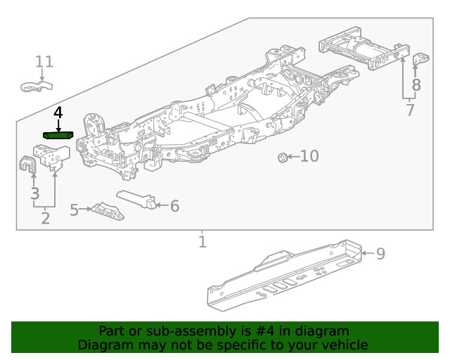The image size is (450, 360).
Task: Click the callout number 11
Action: [x=44, y=62]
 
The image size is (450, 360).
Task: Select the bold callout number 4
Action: [x=58, y=112]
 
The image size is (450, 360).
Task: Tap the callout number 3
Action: [x=34, y=193]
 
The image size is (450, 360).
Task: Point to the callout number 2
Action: [x=45, y=218]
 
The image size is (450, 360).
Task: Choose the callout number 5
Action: [x=75, y=210]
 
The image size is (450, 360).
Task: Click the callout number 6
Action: [x=174, y=206]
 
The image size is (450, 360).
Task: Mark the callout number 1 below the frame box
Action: [x=202, y=243]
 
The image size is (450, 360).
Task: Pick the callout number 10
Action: [x=309, y=156]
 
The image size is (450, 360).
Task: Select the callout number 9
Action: [x=380, y=253]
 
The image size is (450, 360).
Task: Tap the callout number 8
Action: [x=416, y=86]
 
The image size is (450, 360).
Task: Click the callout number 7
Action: [x=410, y=110]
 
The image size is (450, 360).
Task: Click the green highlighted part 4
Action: [x=58, y=134]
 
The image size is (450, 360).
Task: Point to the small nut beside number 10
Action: [x=282, y=157]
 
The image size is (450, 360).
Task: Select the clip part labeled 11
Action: [x=37, y=87]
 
